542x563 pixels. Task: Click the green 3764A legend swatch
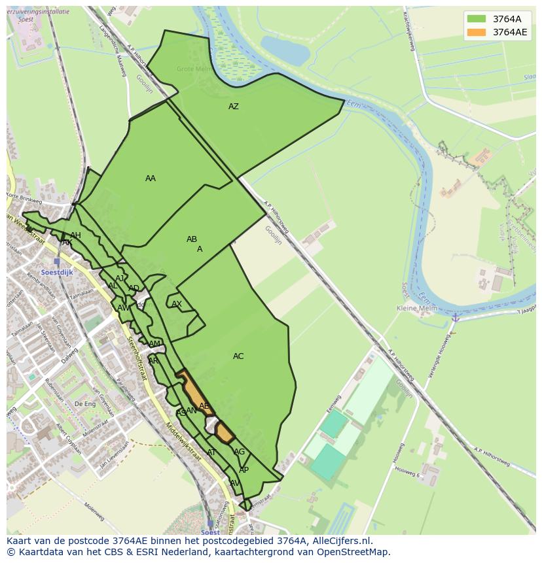477,19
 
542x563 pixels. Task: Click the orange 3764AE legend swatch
477,32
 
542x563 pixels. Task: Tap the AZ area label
234,107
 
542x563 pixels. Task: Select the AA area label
151,179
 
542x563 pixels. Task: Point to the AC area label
238,356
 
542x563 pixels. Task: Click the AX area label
177,304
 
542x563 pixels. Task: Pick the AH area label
75,235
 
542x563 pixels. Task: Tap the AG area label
240,452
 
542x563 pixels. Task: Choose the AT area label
211,452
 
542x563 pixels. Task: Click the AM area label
154,344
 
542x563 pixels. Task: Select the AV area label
234,483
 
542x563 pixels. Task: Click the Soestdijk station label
56,273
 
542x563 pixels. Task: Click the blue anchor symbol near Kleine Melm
454,317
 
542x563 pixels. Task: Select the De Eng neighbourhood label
85,404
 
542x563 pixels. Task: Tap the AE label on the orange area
204,406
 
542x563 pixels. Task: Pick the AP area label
244,470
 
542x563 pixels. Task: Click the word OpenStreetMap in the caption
353,551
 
